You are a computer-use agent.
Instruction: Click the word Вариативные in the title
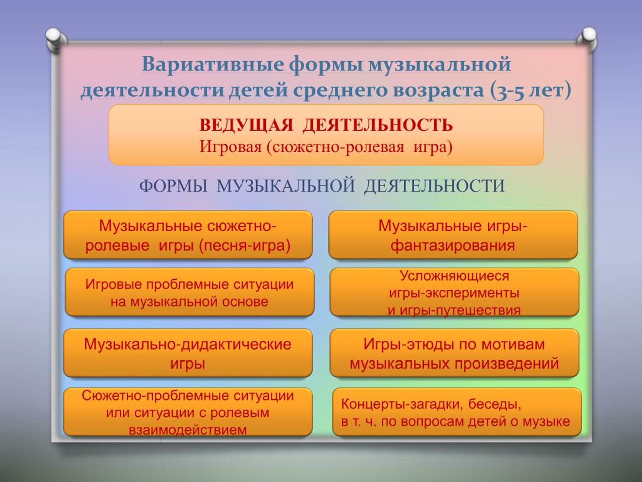coord(213,64)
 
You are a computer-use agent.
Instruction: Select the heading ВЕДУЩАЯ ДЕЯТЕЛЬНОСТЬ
coord(326,125)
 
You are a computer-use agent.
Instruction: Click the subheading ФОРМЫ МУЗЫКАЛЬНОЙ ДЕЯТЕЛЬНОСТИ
coord(322,186)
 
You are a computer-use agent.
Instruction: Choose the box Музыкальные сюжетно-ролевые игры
coord(188,235)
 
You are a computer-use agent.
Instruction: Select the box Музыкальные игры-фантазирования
coord(453,235)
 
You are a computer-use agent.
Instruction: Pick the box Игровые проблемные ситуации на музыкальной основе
coord(190,292)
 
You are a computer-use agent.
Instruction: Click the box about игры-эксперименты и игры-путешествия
coord(454,292)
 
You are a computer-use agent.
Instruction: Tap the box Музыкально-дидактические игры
coord(188,353)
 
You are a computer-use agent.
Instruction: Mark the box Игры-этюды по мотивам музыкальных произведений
coord(454,353)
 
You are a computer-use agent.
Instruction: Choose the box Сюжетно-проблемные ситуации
coord(188,412)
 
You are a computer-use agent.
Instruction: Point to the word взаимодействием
coord(188,430)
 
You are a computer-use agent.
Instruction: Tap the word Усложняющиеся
coord(454,276)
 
